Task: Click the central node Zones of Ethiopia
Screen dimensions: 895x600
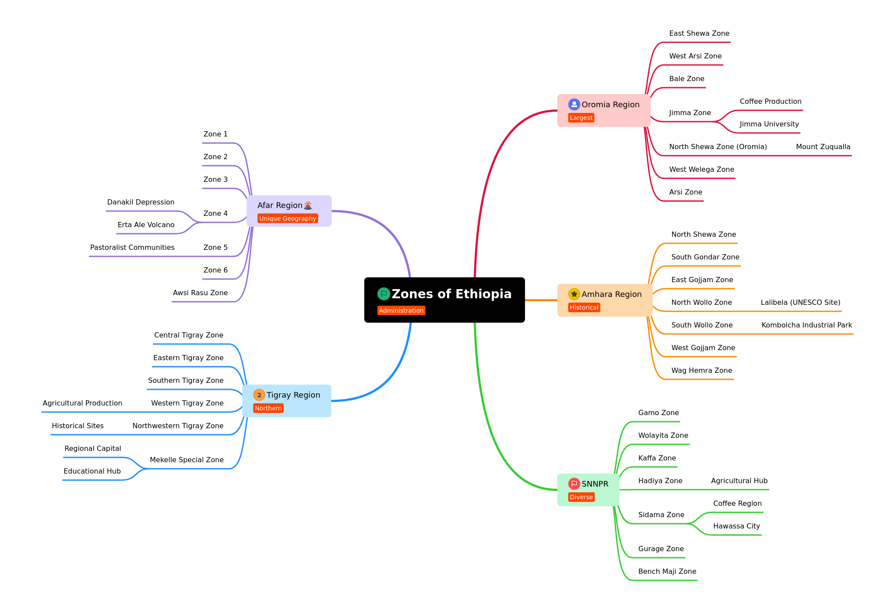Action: coord(444,300)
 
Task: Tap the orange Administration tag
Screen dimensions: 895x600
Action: coord(401,310)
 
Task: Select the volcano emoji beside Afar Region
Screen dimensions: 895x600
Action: coord(308,205)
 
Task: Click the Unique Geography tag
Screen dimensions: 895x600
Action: coord(288,218)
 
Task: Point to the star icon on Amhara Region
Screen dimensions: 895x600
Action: coord(574,294)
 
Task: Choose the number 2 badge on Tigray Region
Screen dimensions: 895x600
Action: coord(259,395)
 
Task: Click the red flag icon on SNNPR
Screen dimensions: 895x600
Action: coord(574,484)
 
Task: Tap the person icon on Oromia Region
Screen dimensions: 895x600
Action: coord(574,105)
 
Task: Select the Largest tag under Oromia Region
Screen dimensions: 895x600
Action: coord(581,118)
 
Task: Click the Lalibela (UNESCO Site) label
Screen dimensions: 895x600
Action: coord(800,303)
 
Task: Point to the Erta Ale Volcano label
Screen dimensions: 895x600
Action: coord(146,225)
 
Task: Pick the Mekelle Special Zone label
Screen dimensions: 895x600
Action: coord(186,460)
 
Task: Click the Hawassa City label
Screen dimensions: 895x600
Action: coord(736,526)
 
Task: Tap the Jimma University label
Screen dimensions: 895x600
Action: coord(769,124)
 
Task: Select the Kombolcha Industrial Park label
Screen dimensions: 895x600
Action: coord(807,325)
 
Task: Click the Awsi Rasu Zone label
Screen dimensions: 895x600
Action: coord(200,293)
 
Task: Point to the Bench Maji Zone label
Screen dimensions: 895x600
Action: coord(667,572)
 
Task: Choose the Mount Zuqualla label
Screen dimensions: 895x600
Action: coord(823,147)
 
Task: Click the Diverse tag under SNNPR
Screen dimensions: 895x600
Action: coord(581,497)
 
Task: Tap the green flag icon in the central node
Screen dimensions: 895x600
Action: coord(383,294)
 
